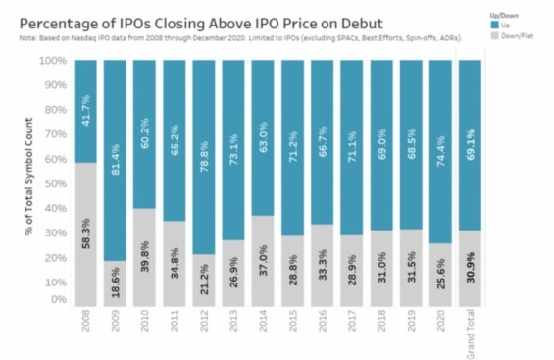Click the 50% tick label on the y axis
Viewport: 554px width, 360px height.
point(54,182)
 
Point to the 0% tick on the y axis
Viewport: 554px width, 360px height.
point(57,300)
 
